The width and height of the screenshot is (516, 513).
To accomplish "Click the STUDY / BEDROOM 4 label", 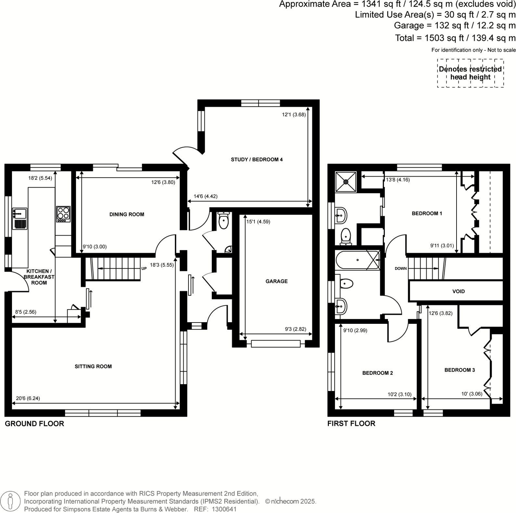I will point(257,159).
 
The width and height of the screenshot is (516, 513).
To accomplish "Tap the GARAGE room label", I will point(277,281).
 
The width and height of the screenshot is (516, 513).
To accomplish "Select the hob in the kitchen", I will point(63,214).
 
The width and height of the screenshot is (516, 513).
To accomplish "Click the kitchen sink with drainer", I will point(20,219).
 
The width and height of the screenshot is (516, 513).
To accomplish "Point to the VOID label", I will point(458,291).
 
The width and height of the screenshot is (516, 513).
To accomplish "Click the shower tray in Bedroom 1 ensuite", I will point(346,182).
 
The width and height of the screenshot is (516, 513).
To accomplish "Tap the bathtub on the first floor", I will point(357,260).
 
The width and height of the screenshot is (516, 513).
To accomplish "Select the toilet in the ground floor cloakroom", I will point(224,221).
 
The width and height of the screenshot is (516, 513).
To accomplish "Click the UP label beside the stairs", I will point(144,268).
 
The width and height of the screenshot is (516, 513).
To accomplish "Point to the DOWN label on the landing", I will point(401,268).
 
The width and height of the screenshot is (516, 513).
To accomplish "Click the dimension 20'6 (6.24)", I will point(28,398).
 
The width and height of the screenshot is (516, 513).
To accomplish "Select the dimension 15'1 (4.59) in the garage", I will point(258,222).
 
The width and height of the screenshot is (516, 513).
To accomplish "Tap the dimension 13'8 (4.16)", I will point(398,179).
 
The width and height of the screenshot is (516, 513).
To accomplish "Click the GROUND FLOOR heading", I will point(34,423).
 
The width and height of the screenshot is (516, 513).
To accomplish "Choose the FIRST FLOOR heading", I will point(351,423).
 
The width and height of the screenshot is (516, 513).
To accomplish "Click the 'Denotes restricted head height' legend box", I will point(470,73).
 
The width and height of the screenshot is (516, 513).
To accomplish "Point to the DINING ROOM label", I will point(127,214).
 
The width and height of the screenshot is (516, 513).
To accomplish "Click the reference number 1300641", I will point(224,509).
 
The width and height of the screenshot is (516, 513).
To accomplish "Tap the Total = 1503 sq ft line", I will point(455,38).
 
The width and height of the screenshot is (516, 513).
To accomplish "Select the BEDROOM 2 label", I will point(378,373).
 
